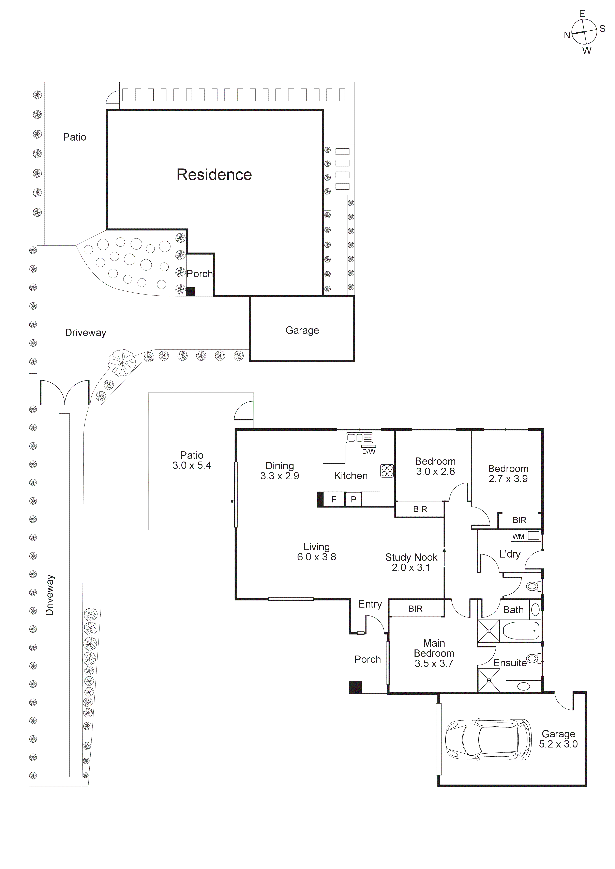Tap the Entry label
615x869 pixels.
(x=370, y=605)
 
